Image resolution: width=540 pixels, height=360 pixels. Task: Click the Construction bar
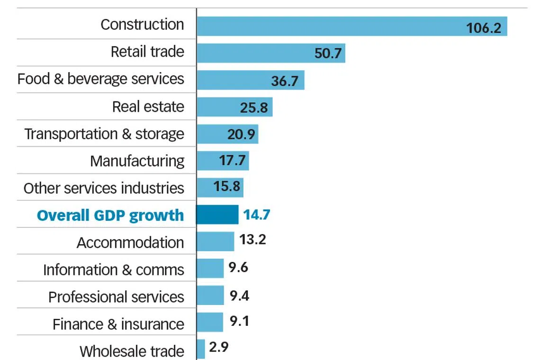332,26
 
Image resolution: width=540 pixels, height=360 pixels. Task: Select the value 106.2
483,28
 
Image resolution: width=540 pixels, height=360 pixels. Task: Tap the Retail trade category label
147,52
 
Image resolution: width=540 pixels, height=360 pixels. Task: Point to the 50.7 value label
328,54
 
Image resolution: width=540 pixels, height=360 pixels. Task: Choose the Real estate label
148,107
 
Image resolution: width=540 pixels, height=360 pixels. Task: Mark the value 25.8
254,108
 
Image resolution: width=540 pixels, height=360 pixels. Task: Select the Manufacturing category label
137,161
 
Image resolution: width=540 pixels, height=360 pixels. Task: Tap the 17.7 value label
232,161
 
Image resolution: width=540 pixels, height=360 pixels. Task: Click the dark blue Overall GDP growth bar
217,215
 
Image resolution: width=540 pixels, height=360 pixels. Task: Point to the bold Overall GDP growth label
110,215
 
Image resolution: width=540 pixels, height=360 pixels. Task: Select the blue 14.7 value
256,215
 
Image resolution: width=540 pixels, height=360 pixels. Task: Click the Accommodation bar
216,241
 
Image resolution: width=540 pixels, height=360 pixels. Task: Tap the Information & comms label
114,270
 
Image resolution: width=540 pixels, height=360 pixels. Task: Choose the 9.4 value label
239,296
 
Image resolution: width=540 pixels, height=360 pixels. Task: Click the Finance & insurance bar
210,322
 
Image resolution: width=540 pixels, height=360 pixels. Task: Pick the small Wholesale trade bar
201,349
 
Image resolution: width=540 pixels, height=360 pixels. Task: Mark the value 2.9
218,347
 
